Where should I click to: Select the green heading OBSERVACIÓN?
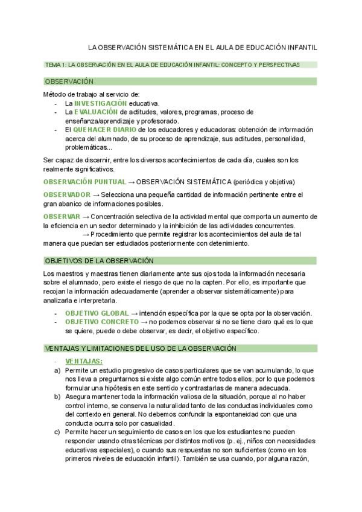click(69, 82)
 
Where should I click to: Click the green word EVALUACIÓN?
click(96, 112)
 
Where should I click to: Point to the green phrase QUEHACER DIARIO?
click(104, 129)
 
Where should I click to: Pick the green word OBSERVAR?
click(62, 217)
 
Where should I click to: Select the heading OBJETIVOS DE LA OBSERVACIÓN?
click(100, 260)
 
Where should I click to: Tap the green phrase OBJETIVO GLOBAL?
click(97, 313)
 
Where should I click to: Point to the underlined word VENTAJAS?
click(84, 361)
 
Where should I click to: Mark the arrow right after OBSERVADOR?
click(96, 195)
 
